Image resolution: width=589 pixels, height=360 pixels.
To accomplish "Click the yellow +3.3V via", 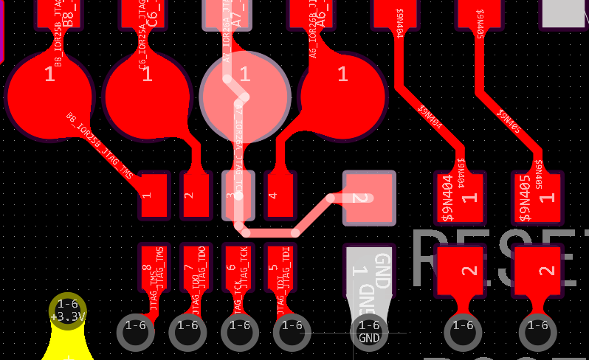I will tap(68, 311).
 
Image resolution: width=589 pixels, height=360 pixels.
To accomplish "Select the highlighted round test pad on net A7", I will tap(244, 96).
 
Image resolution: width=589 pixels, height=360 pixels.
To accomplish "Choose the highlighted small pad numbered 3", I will tap(238, 195).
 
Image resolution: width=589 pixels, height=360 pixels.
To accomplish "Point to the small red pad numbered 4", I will tap(280, 195).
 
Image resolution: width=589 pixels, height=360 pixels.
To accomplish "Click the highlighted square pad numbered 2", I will tap(369, 198).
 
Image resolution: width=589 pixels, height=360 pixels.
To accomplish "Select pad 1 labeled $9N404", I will tap(459, 197).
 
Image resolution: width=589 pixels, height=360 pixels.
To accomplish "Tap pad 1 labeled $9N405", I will tap(537, 197).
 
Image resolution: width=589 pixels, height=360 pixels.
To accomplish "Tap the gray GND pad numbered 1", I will tap(368, 271).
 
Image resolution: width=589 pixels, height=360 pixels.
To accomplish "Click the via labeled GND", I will tap(368, 332).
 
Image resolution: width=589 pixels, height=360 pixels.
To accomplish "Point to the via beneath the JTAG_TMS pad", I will tap(136, 332).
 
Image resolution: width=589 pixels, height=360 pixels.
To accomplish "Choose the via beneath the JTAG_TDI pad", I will tap(292, 332).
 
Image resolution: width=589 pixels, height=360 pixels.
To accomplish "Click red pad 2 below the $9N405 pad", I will tap(537, 271).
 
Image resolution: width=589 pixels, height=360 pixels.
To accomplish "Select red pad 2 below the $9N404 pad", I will tap(460, 271).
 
